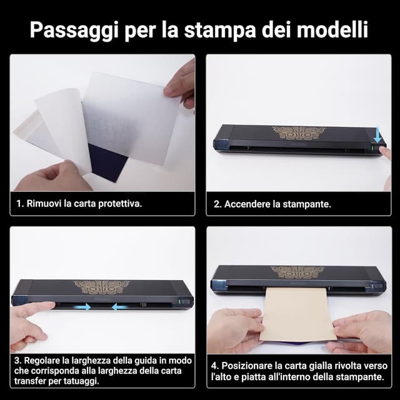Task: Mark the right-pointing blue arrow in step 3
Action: pos(79,306)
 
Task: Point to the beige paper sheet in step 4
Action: pos(296,316)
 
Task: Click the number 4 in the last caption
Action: pos(214,366)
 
